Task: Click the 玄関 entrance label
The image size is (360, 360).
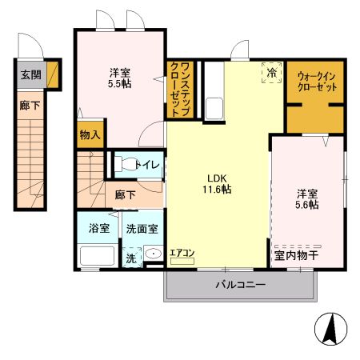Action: (x=29, y=76)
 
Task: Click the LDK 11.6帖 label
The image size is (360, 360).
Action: (x=218, y=183)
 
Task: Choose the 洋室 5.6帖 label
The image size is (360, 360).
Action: (x=307, y=198)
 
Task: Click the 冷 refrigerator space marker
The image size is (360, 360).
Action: (x=272, y=73)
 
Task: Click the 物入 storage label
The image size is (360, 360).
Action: (x=90, y=135)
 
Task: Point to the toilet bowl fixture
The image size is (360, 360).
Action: (x=126, y=165)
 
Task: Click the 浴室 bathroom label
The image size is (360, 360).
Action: (x=98, y=227)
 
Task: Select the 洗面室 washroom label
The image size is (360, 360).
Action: (x=142, y=228)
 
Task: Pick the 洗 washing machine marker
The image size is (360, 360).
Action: (x=130, y=258)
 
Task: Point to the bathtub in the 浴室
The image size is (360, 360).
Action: (x=99, y=256)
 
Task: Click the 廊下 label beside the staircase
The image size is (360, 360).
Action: (x=124, y=194)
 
